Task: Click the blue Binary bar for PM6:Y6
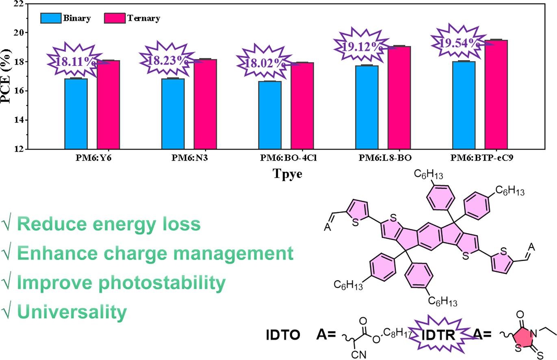76,114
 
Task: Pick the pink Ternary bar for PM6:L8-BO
399,98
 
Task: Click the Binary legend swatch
50,18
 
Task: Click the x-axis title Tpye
287,174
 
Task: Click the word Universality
72,312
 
